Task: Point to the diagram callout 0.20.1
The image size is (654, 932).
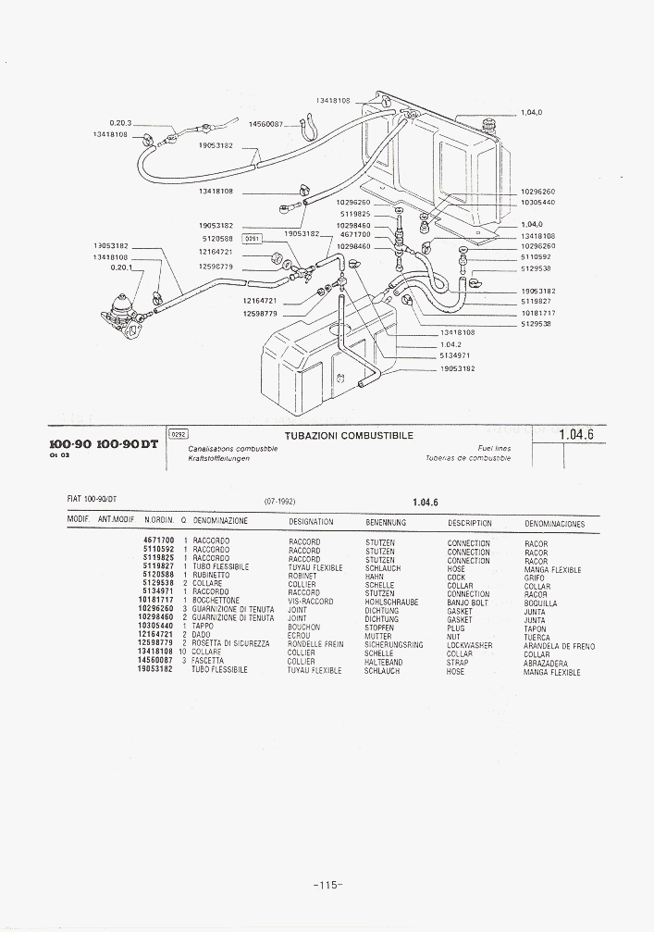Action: (x=121, y=267)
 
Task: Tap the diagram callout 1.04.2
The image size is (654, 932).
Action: (x=450, y=343)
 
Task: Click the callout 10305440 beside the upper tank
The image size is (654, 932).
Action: (x=537, y=202)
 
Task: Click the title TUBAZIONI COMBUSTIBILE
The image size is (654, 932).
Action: (x=350, y=436)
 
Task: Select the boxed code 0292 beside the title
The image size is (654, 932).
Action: (x=179, y=433)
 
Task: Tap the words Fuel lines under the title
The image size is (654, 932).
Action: (x=494, y=449)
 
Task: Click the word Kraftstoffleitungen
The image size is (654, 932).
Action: (x=218, y=458)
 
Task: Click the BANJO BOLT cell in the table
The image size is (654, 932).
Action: (x=468, y=603)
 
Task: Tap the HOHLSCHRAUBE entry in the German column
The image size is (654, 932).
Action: (x=391, y=602)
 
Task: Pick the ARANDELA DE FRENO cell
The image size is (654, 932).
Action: (x=559, y=646)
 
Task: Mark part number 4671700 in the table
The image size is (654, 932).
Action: (x=158, y=541)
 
